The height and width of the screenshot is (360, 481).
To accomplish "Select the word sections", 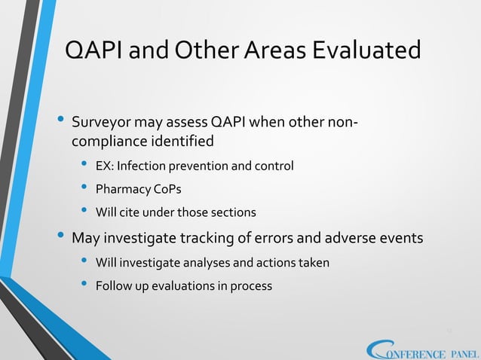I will pyautogui.click(x=234, y=212).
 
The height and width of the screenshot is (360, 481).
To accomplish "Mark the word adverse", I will pyautogui.click(x=356, y=239).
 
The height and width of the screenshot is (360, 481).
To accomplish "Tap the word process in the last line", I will pyautogui.click(x=251, y=286).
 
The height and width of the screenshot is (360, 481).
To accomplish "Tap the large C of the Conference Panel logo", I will pyautogui.click(x=377, y=349).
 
